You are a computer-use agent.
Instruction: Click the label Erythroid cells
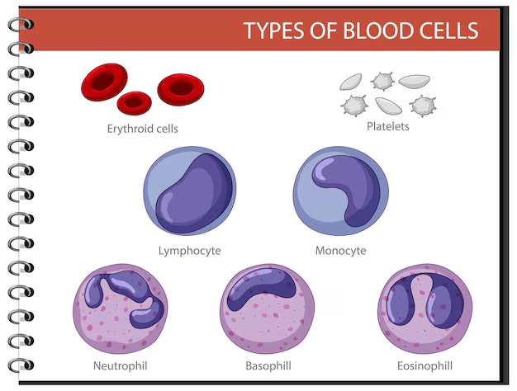click(142, 129)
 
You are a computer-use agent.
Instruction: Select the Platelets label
click(388, 126)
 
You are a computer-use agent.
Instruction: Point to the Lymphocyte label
click(190, 251)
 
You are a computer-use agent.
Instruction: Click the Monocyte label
click(340, 251)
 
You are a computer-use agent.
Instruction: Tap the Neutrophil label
click(121, 366)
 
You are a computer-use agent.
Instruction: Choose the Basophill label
click(268, 366)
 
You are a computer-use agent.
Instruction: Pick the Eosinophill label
click(425, 366)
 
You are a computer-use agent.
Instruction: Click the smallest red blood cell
click(134, 103)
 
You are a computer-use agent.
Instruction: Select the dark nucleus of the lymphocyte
click(194, 193)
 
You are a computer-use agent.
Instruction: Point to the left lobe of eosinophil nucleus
click(400, 303)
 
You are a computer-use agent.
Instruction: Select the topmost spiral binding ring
click(21, 25)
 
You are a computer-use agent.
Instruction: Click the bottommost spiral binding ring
click(21, 365)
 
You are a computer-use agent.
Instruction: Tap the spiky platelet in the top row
click(382, 81)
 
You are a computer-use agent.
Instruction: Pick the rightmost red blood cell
click(181, 89)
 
